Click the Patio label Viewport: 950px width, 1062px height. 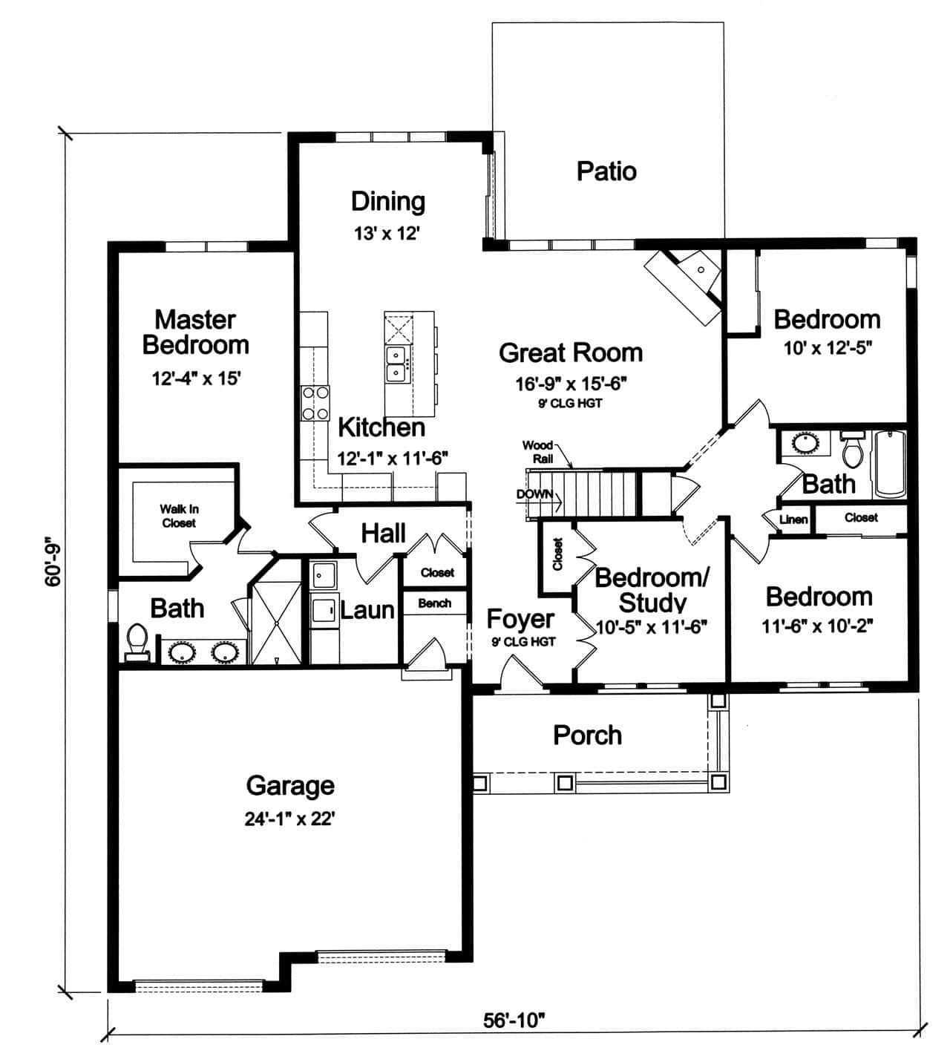[606, 171]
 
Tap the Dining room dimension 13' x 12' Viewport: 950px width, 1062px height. [387, 234]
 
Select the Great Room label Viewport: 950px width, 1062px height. [570, 353]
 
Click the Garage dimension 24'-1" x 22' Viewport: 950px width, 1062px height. [290, 819]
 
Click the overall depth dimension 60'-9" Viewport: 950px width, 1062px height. [53, 562]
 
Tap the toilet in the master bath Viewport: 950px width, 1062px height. [137, 642]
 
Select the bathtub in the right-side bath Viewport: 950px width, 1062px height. [889, 464]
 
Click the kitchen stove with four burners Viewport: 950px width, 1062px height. [315, 403]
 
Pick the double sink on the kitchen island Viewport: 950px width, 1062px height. [395, 364]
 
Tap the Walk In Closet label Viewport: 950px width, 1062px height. [179, 516]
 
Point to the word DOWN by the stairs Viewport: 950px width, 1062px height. [534, 494]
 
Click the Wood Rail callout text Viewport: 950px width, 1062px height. [538, 451]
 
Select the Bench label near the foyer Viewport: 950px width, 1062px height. [434, 603]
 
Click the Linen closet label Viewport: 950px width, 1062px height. [793, 519]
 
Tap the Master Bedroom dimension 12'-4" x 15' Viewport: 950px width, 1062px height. [196, 378]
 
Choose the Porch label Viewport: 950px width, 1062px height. [587, 735]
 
